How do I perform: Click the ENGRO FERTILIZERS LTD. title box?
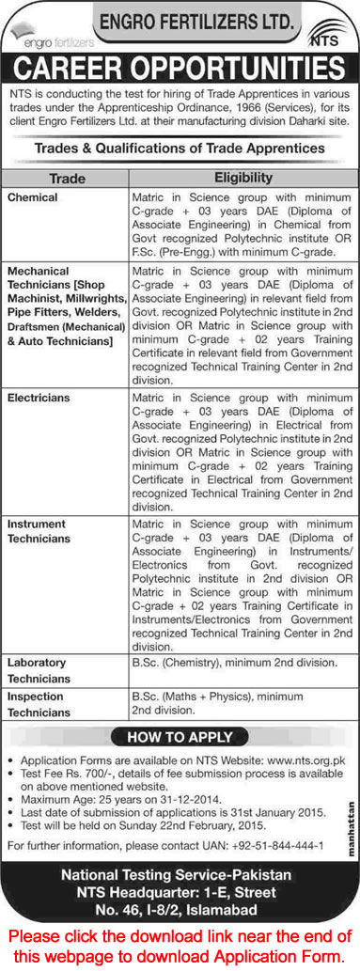(189, 18)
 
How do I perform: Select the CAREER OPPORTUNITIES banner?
(180, 69)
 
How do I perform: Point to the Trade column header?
(65, 178)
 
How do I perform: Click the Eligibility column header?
(243, 178)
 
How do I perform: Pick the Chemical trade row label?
(33, 198)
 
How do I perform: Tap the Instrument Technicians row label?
(39, 530)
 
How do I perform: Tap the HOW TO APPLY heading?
(180, 737)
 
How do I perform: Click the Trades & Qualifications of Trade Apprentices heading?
(180, 149)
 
